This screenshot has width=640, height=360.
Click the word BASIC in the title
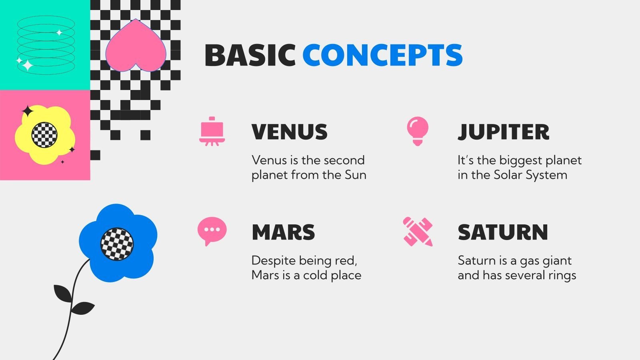coord(250,55)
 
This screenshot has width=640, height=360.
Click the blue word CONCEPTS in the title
coord(382,55)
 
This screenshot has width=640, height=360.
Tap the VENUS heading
coord(290,132)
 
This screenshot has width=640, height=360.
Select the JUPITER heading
coord(504,132)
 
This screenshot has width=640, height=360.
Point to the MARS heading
coord(284,232)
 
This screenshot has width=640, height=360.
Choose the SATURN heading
coord(503,232)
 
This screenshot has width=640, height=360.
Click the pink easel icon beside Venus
coord(212,132)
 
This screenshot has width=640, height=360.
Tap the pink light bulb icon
coord(418,131)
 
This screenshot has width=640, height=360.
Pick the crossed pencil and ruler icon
coord(418,232)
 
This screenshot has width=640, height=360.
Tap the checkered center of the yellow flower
coord(44,135)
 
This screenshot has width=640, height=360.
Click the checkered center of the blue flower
coord(117,244)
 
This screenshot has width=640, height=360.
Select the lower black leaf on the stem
coord(82,308)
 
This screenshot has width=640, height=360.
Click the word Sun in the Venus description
coord(356,175)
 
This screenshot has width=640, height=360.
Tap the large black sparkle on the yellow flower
coord(28,111)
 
